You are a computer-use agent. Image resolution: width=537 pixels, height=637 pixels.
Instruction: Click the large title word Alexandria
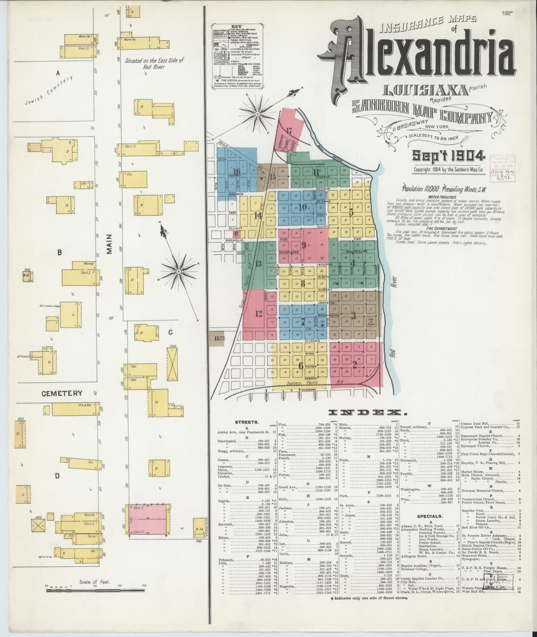pyautogui.click(x=425, y=57)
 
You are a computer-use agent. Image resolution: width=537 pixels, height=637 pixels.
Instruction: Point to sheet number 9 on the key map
pyautogui.click(x=303, y=245)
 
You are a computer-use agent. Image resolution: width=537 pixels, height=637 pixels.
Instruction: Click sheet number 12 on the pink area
pyautogui.click(x=259, y=313)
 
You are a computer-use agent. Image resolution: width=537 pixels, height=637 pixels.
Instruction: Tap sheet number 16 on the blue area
pyautogui.click(x=236, y=171)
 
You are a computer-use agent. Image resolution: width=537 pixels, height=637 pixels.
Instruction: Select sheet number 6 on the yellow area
pyautogui.click(x=301, y=365)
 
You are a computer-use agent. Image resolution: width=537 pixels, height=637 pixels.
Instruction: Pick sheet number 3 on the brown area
pyautogui.click(x=353, y=316)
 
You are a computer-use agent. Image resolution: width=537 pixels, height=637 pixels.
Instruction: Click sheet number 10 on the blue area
pyautogui.click(x=303, y=207)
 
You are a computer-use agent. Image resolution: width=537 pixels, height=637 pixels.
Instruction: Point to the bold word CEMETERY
pyautogui.click(x=62, y=393)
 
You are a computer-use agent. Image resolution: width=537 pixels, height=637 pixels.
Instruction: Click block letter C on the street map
pyautogui.click(x=171, y=332)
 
